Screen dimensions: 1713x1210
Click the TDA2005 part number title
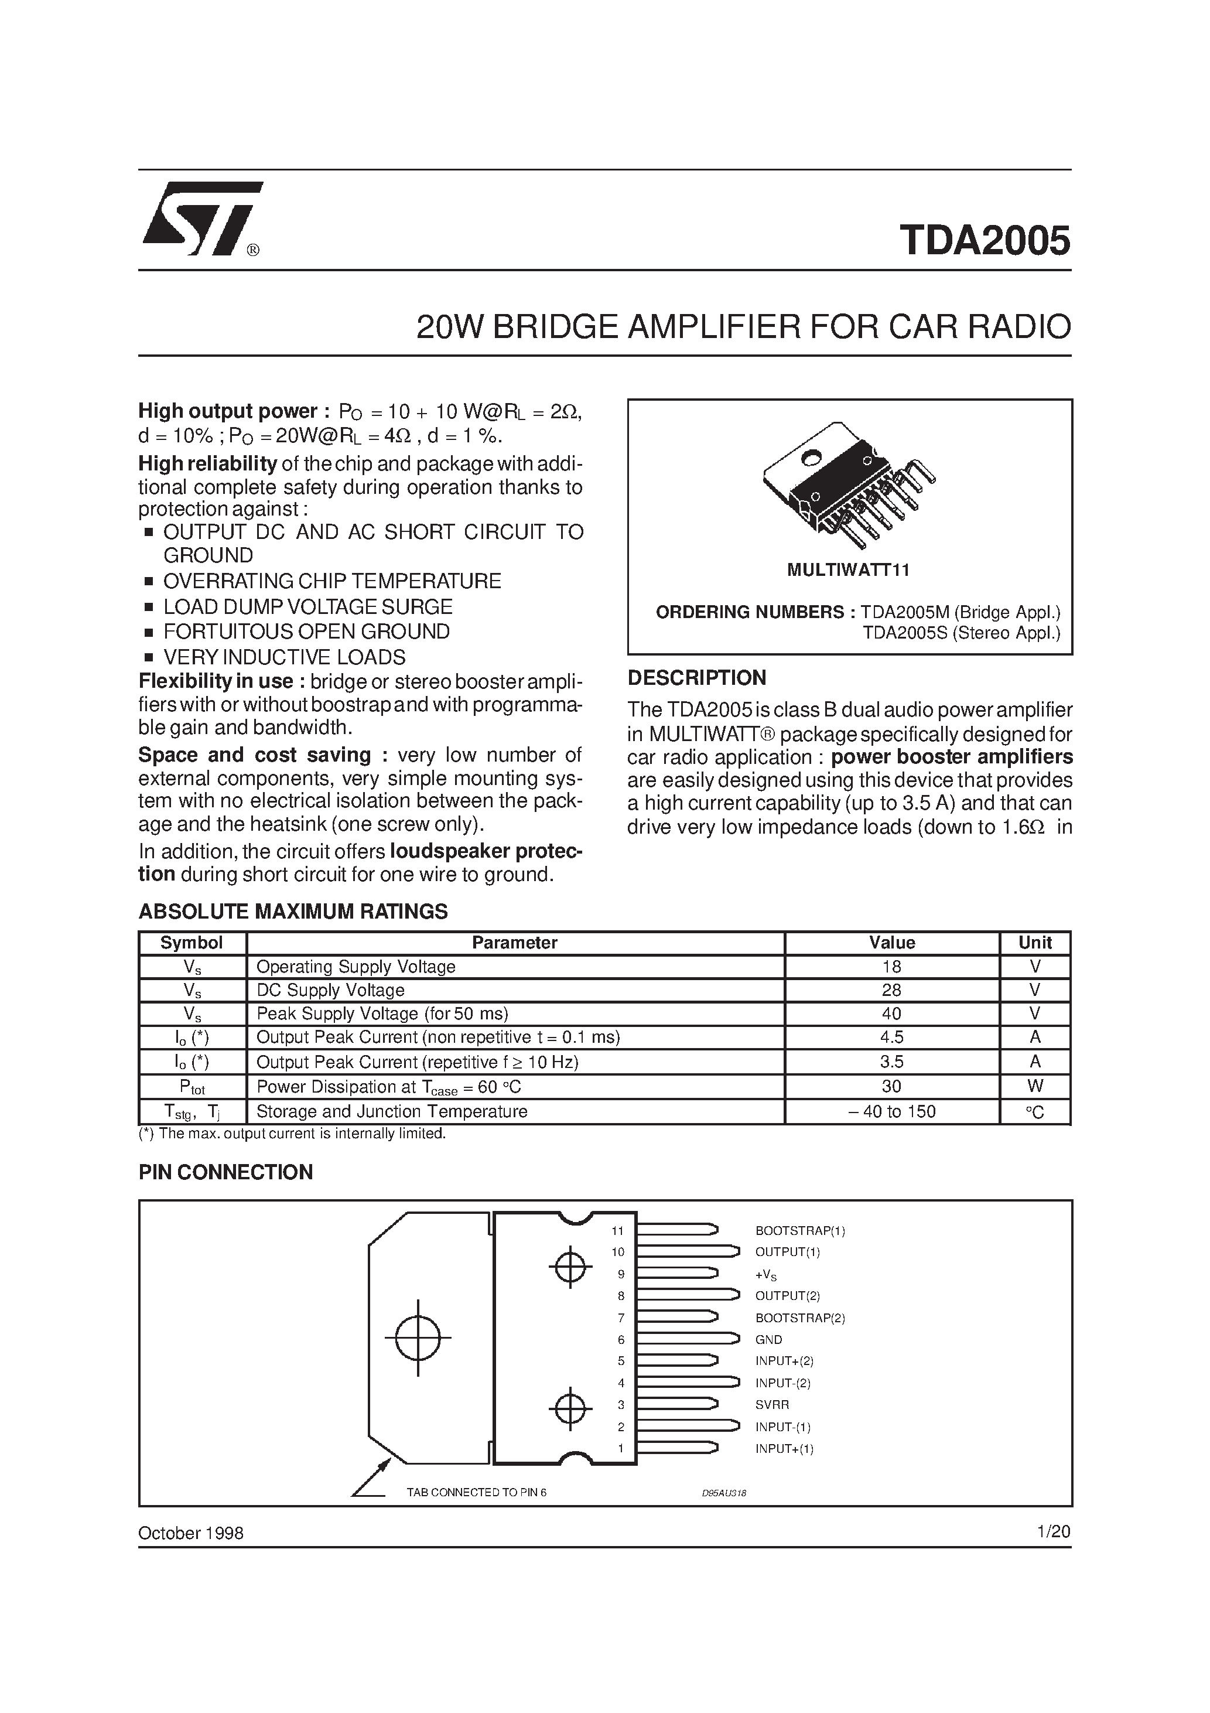(984, 240)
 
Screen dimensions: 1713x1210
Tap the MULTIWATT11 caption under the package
(848, 570)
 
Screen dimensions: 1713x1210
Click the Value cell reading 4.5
(891, 1037)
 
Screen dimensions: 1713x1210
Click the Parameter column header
(515, 942)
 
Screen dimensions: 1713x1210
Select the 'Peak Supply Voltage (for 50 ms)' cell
(382, 1013)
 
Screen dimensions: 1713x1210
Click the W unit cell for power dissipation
(1035, 1086)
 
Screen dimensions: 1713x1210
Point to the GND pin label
(768, 1339)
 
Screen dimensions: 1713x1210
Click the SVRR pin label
(771, 1404)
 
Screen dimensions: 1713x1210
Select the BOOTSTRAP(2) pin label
(799, 1318)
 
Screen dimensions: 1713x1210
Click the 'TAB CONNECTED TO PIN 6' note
(476, 1492)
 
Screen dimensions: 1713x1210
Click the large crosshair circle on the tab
(418, 1337)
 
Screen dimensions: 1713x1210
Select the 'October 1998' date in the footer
(191, 1533)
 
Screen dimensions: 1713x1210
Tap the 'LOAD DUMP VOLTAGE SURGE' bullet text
(308, 606)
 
